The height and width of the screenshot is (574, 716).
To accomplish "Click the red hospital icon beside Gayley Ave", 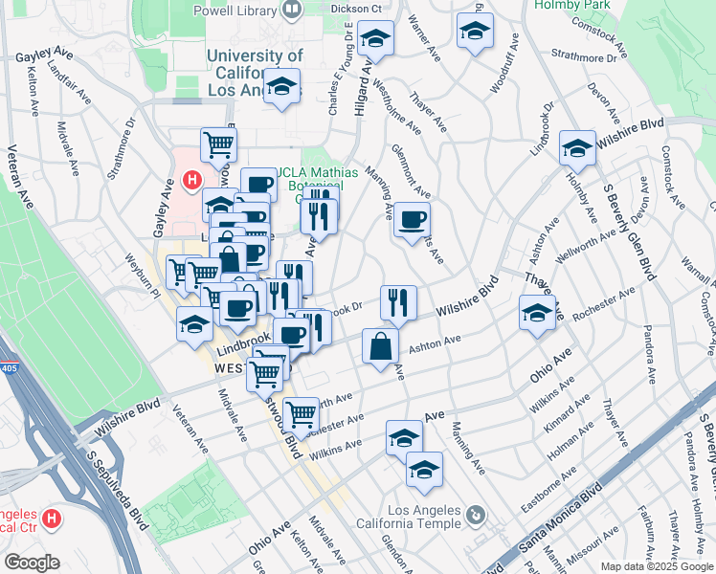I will click(192, 179).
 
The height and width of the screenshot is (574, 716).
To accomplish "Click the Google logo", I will click(31, 563).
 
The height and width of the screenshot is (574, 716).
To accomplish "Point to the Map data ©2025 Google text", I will click(657, 566).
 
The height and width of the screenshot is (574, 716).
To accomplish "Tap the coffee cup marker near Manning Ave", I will click(412, 221).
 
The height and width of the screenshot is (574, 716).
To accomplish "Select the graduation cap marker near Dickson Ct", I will click(376, 40).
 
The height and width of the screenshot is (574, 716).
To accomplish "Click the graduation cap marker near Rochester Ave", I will click(537, 312).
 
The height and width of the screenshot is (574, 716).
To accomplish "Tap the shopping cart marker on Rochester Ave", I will click(302, 413).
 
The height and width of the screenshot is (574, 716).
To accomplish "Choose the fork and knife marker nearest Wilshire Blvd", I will click(398, 302).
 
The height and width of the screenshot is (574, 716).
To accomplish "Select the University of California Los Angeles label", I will click(255, 73).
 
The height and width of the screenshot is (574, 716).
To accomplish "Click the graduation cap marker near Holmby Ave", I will click(577, 148).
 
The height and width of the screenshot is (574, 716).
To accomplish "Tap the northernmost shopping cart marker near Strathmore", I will click(218, 144).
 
